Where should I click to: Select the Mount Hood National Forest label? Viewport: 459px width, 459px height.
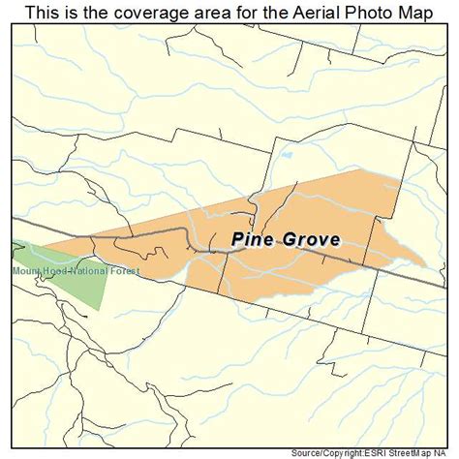pos(76,270)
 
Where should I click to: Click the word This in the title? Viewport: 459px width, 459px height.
pos(41,13)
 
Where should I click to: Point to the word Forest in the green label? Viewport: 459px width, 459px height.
pos(124,270)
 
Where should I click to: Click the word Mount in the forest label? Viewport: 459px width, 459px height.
pos(27,270)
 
